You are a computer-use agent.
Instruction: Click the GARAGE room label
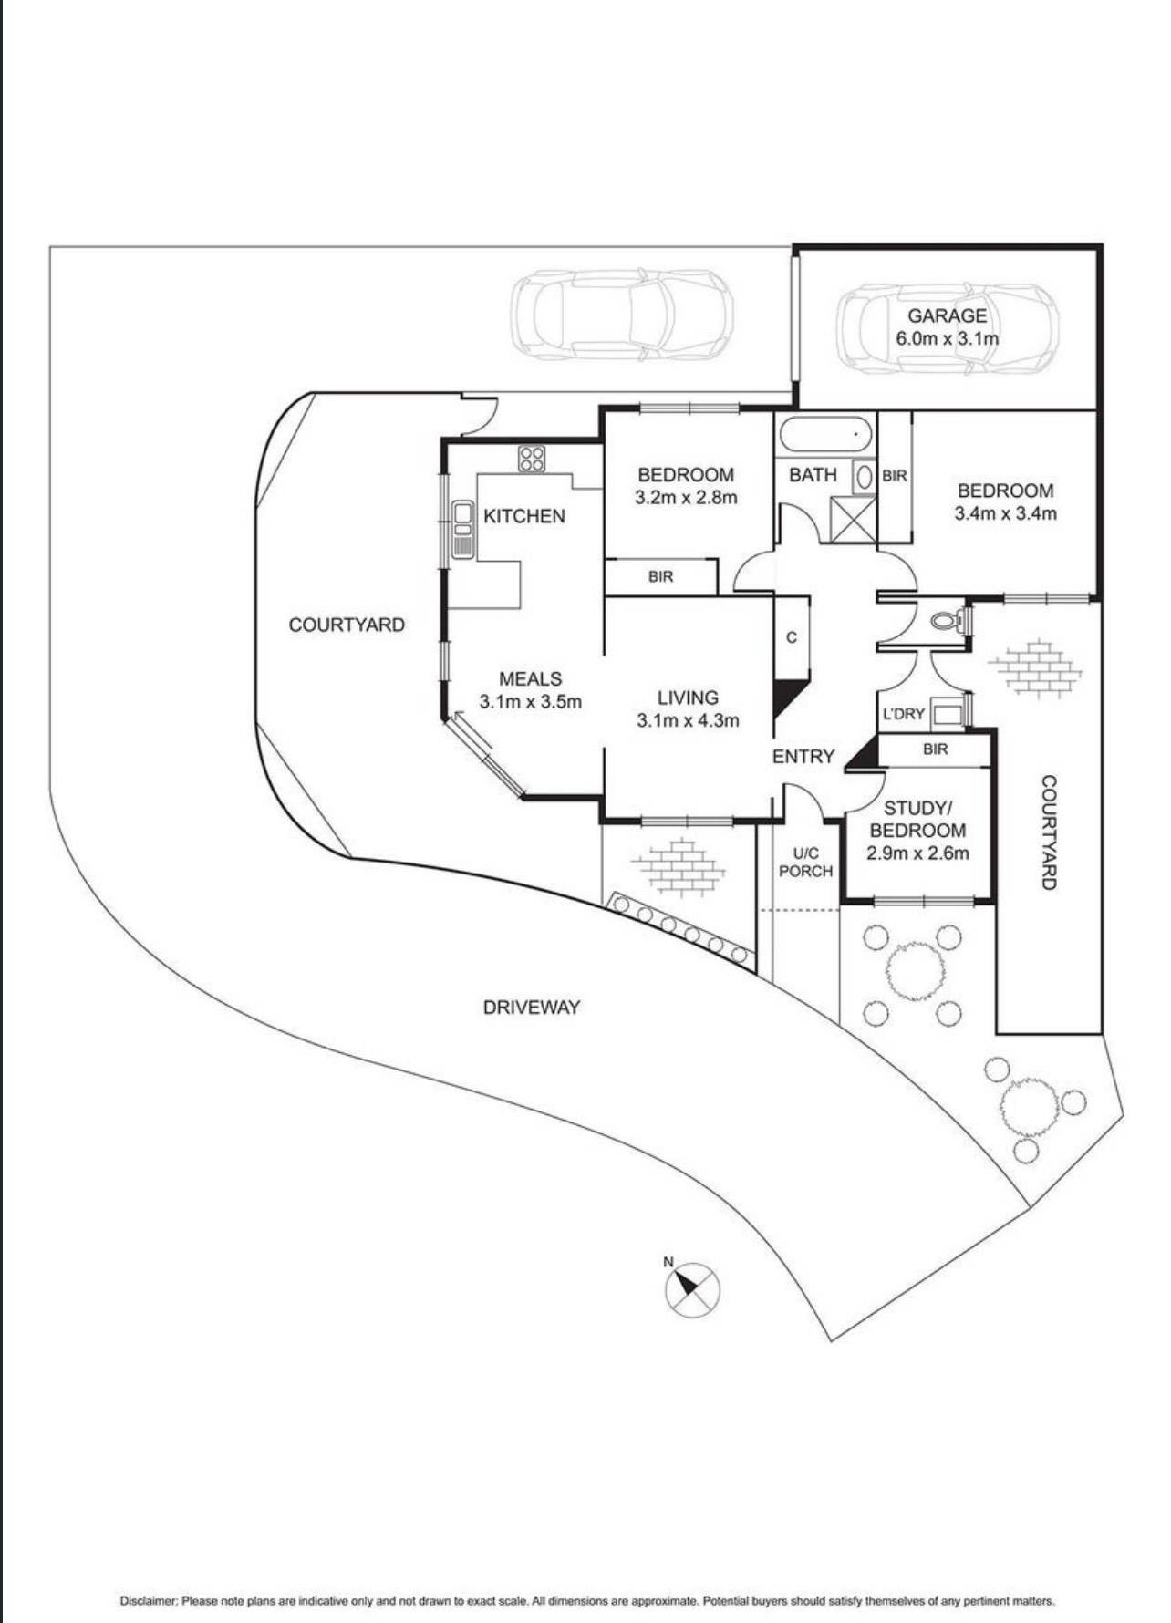[x=947, y=316]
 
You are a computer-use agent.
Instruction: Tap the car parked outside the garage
[x=622, y=315]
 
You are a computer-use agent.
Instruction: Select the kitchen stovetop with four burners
[x=532, y=459]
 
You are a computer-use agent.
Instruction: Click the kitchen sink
[x=462, y=530]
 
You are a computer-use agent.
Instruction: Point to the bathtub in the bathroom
[x=826, y=436]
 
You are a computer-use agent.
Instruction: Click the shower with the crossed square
[x=853, y=520]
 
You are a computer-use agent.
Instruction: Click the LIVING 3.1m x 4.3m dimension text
[x=688, y=720]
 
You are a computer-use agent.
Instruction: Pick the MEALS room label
[x=530, y=678]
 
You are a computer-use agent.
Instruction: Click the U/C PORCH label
[x=805, y=863]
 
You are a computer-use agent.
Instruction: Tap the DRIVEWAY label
[x=532, y=1008]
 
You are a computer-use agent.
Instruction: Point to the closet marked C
[x=792, y=637]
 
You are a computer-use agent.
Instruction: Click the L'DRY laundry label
[x=903, y=714]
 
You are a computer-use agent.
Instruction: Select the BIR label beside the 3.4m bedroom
[x=895, y=476]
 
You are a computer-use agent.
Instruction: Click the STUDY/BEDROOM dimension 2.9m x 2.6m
[x=917, y=853]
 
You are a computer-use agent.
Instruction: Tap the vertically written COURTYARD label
[x=1049, y=832]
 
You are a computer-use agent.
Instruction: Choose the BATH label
[x=813, y=475]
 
